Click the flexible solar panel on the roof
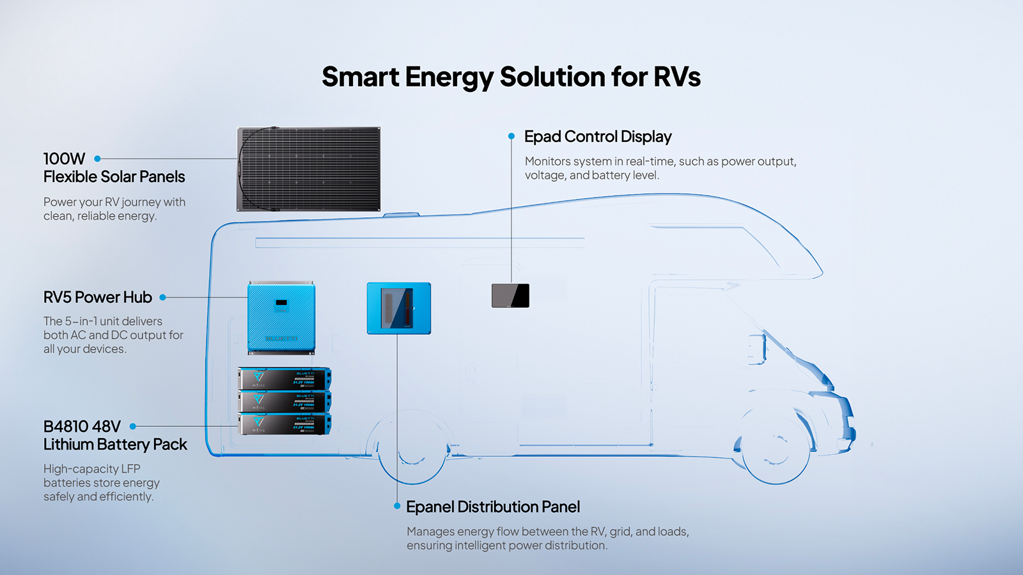coord(309,169)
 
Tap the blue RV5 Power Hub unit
coord(281,318)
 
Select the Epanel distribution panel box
coord(398,308)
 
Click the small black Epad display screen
coord(510,296)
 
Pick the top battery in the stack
coord(285,379)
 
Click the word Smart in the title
coord(360,77)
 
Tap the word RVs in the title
coord(676,77)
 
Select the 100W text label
coord(64,158)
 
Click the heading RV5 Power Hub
coord(97,297)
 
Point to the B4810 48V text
coord(82,426)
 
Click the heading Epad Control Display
coord(597,137)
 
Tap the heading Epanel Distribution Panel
coord(492,507)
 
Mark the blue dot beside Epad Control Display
coord(511,136)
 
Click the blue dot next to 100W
coord(97,158)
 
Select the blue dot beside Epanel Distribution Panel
coord(397,506)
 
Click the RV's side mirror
coord(758,348)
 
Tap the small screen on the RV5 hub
coord(281,302)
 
